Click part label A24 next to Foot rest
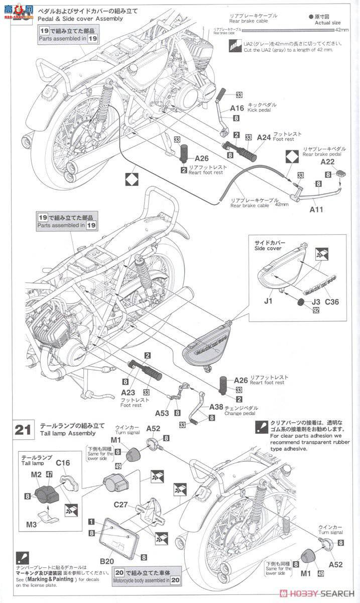click(x=265, y=137)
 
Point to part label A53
click(x=162, y=413)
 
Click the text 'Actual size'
click(x=327, y=23)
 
